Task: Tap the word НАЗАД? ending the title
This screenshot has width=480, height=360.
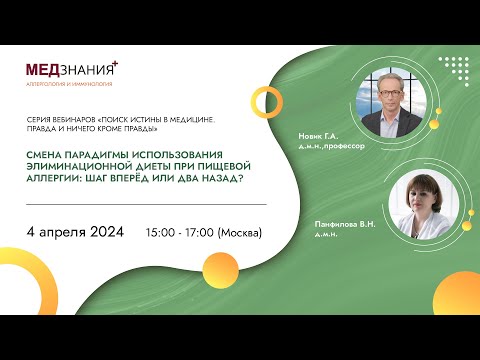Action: (x=219, y=177)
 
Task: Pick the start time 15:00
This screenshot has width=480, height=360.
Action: (x=162, y=232)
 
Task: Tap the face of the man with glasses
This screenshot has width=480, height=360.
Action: (x=387, y=96)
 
